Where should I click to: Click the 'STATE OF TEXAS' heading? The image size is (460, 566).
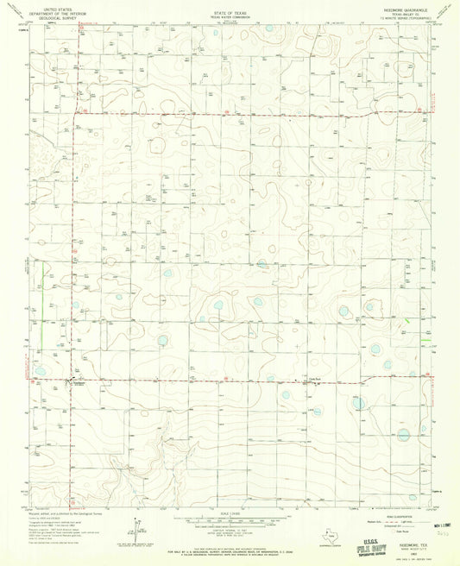[x=229, y=12]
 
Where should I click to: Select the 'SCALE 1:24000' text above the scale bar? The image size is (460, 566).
[x=229, y=515]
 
